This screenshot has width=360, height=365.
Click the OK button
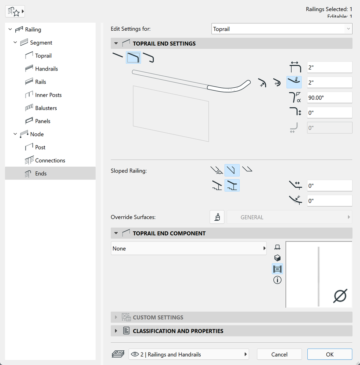click(329, 354)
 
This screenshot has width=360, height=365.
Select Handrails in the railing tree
click(46, 69)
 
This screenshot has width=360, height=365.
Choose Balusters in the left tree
click(46, 108)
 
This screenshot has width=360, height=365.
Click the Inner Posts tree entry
click(48, 95)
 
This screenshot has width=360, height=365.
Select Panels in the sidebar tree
click(43, 121)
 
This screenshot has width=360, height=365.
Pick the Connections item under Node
click(50, 160)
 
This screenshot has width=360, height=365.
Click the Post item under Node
click(40, 147)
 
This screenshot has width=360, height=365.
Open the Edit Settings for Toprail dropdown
click(281, 29)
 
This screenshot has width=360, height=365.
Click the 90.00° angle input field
click(329, 98)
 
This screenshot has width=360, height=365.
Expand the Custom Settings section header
click(158, 318)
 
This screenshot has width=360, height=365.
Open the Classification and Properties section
click(178, 331)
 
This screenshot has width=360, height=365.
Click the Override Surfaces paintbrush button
click(217, 217)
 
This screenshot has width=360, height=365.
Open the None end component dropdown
click(189, 248)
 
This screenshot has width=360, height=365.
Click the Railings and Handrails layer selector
click(189, 354)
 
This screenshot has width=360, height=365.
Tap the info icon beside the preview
click(277, 280)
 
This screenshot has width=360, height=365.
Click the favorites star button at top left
click(15, 12)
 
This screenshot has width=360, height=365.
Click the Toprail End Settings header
click(164, 43)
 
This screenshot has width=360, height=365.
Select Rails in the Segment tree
click(41, 82)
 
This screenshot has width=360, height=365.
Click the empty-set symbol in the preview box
click(340, 296)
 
